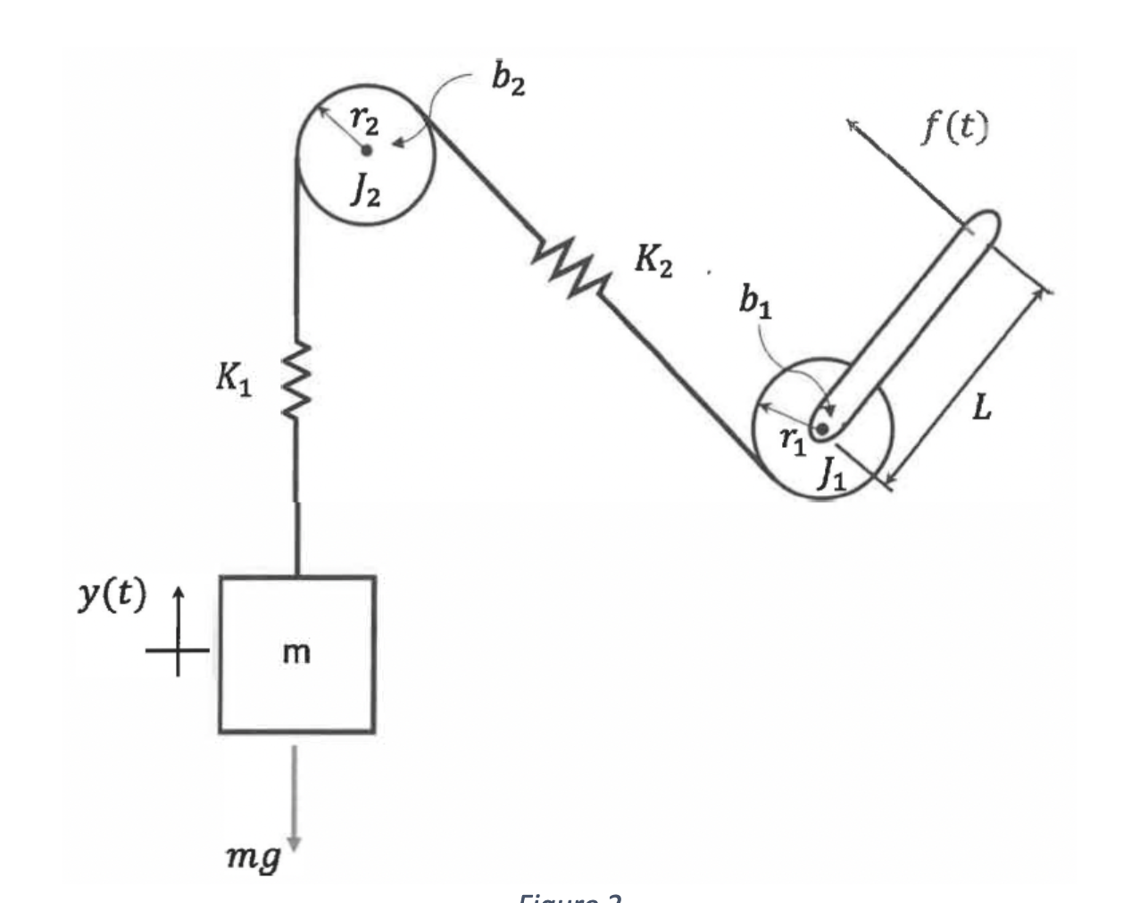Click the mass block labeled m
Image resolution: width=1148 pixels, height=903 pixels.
(x=296, y=654)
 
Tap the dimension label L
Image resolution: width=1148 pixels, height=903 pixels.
(x=981, y=409)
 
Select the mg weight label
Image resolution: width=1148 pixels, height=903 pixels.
(x=252, y=858)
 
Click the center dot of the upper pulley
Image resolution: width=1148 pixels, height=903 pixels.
(x=366, y=151)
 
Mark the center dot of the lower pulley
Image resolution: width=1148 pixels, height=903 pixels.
(x=822, y=429)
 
